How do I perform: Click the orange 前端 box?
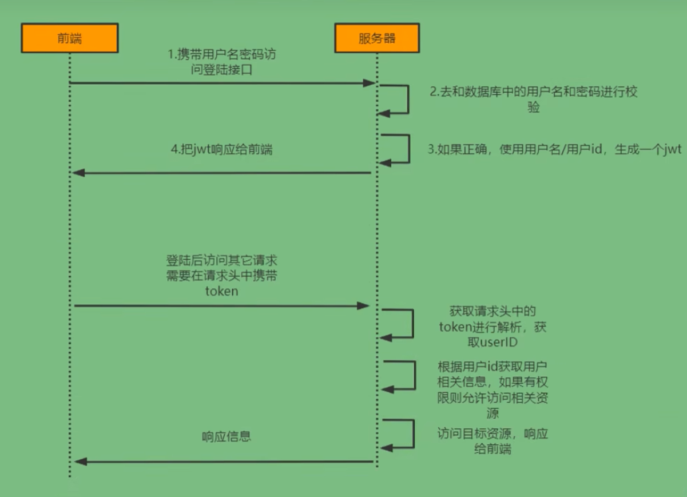(x=69, y=38)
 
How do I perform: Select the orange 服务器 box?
(x=377, y=38)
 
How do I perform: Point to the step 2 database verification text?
(x=533, y=99)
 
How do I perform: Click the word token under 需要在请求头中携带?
(x=221, y=291)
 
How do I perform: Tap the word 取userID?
(x=493, y=342)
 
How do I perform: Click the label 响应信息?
(x=227, y=437)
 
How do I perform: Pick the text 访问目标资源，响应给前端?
(x=493, y=441)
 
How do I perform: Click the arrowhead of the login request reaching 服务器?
(x=368, y=84)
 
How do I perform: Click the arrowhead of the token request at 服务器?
(x=364, y=306)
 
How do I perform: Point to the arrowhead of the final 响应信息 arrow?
(x=81, y=461)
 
